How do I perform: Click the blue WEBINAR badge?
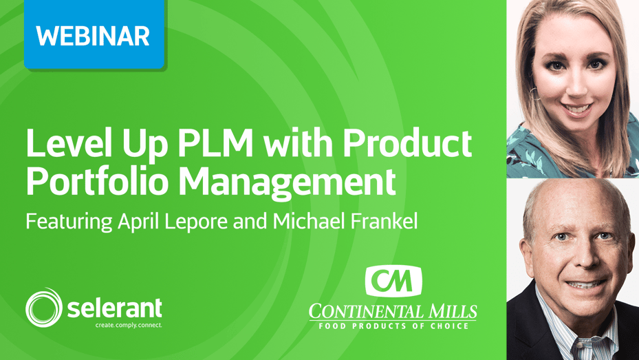94,34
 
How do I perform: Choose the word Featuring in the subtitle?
69,222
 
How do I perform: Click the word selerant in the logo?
114,308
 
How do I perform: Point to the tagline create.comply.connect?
129,326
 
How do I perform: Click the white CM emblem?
393,281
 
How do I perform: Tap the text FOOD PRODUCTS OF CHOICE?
393,326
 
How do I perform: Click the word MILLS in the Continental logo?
451,312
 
